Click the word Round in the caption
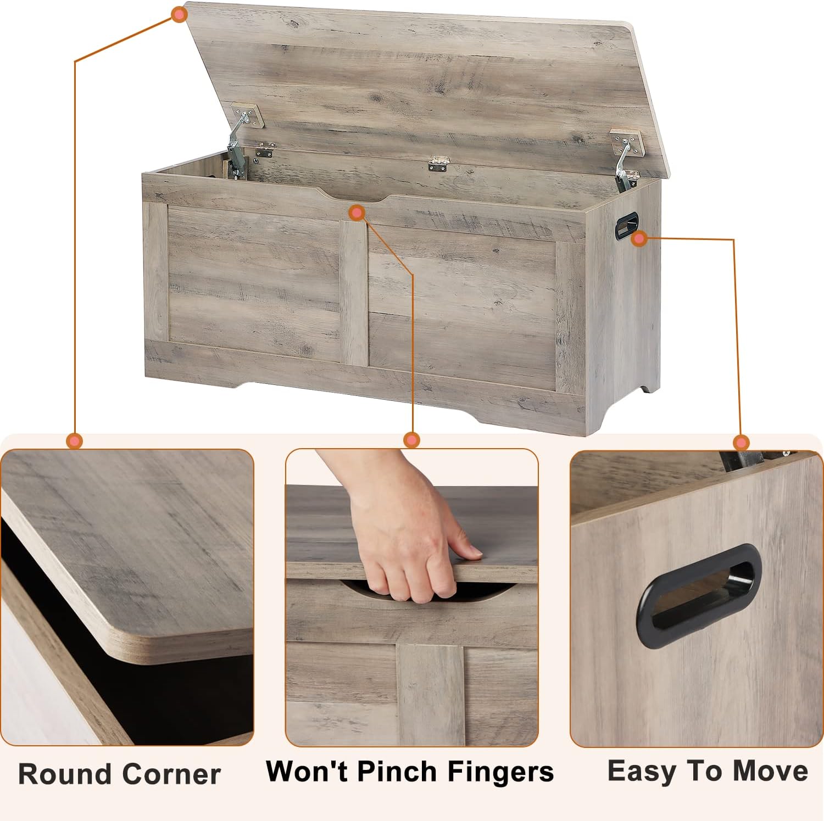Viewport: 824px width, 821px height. pyautogui.click(x=65, y=774)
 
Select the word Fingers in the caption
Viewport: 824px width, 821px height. pyautogui.click(x=500, y=772)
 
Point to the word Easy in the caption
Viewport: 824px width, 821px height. pyautogui.click(x=641, y=771)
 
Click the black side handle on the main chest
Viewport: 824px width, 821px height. pyautogui.click(x=626, y=226)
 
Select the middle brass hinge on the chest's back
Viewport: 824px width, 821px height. pyautogui.click(x=439, y=163)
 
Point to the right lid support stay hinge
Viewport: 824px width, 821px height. pyautogui.click(x=625, y=162)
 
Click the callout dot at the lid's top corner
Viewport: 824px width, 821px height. pyautogui.click(x=179, y=15)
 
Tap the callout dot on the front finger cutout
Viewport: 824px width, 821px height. pyautogui.click(x=357, y=213)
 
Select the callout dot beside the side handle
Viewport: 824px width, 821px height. pyautogui.click(x=639, y=239)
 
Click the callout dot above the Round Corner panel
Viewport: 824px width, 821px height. pyautogui.click(x=74, y=440)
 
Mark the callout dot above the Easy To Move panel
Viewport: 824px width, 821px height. pyautogui.click(x=741, y=443)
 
